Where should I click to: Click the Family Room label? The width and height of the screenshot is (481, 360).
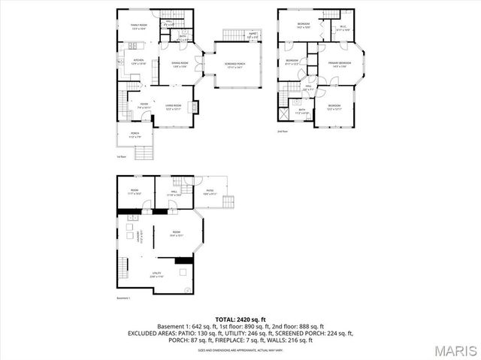pos(138,26)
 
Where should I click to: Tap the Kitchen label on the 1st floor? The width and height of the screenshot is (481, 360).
pos(138,61)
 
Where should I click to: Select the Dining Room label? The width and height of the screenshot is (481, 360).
pos(180,64)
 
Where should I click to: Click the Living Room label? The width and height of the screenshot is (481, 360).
pos(174,106)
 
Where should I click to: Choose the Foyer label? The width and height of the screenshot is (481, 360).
pos(143,106)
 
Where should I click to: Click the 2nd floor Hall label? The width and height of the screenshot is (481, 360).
pos(309,87)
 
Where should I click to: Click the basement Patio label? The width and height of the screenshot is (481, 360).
pos(210,192)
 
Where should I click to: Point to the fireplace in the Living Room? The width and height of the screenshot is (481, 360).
pos(197,106)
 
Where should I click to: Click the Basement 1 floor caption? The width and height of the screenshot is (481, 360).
pos(125,298)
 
